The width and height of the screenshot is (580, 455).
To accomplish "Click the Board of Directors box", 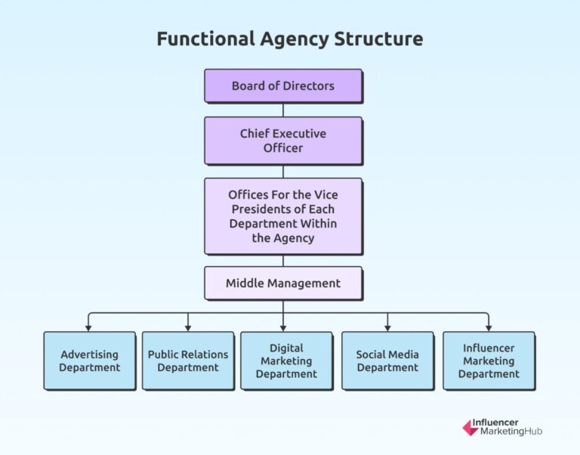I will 283,85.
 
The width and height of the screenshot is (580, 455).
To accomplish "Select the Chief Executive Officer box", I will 283,141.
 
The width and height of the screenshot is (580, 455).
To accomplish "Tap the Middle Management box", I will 283,283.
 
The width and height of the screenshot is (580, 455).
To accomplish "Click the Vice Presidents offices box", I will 283,216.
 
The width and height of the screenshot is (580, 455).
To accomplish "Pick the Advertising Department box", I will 90,361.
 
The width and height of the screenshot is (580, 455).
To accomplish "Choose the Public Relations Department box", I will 188,361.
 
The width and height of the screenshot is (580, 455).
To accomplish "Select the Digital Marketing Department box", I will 286,361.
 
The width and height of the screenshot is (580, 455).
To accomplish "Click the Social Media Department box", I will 387,361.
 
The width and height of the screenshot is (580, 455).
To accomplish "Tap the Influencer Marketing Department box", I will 489,361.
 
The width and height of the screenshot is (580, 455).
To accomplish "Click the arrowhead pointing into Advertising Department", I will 89,327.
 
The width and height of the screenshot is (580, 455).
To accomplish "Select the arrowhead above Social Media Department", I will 387,327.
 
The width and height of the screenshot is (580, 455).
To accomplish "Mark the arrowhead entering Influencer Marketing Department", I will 489,327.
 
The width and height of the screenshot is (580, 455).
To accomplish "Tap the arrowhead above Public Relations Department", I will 188,327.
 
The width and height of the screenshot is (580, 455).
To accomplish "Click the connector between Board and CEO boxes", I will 283,110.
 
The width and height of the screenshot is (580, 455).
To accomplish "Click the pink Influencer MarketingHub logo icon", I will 470,428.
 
